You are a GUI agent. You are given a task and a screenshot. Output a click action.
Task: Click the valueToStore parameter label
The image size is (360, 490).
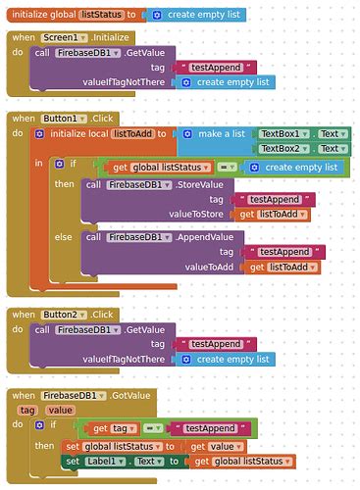(201, 214)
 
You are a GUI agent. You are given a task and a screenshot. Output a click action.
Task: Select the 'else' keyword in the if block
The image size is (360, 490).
(64, 236)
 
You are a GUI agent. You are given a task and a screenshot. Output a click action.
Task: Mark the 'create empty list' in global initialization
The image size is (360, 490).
(200, 16)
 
